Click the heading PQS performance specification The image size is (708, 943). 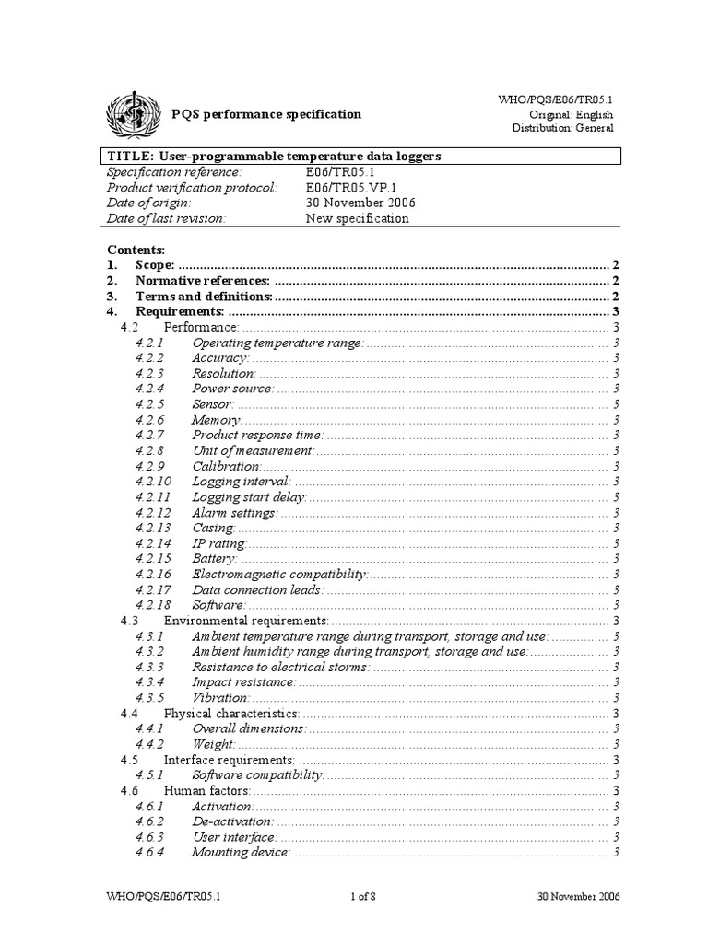(x=267, y=114)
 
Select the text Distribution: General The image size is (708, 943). (x=562, y=128)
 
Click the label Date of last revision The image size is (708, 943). (x=166, y=219)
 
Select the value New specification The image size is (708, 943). (x=358, y=219)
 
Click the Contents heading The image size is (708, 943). (x=136, y=250)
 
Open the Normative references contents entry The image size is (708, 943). (x=203, y=281)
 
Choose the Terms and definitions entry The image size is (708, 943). (x=204, y=297)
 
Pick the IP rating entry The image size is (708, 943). (x=219, y=543)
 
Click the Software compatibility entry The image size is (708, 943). (x=258, y=775)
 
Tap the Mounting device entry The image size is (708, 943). (x=241, y=853)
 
